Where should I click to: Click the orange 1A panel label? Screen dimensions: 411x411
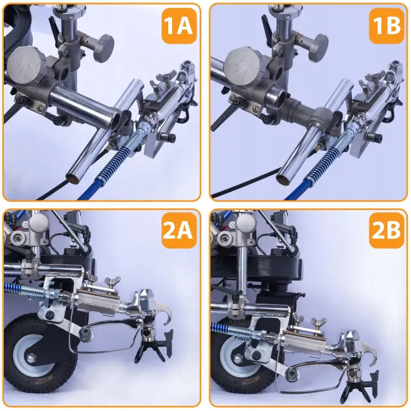coord(179,26)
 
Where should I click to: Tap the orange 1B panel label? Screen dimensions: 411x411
coord(387,26)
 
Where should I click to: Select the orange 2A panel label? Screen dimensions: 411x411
coord(179,231)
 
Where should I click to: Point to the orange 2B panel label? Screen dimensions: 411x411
coord(387,231)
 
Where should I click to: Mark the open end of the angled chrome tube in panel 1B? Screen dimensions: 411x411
coord(283,179)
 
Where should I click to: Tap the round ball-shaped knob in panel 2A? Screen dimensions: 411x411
coord(39,223)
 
